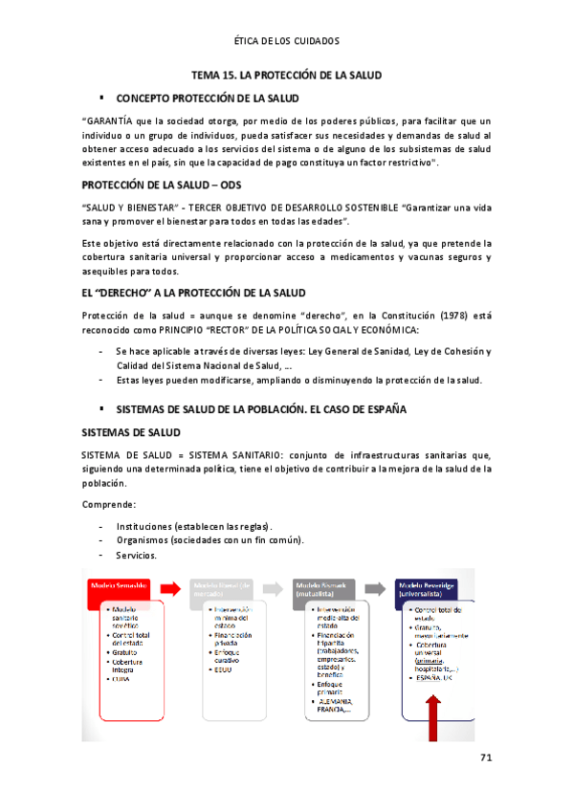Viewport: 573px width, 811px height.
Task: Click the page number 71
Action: (x=485, y=758)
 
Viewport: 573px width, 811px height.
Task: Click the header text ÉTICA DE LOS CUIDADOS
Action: (x=286, y=42)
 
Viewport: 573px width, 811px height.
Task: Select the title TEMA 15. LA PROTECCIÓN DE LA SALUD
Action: (x=286, y=75)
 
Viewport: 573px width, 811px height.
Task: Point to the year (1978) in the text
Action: (x=443, y=316)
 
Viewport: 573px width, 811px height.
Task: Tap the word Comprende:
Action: (x=108, y=504)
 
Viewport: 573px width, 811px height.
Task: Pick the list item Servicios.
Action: (x=137, y=555)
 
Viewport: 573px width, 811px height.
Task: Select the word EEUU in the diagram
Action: (x=224, y=669)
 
